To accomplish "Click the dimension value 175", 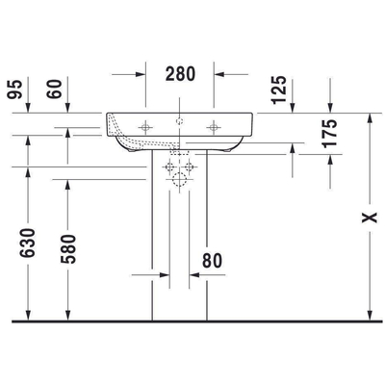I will pyautogui.click(x=331, y=135).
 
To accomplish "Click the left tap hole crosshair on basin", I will pyautogui.click(x=146, y=125).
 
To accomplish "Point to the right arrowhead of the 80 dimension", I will pyautogui.click(x=194, y=274).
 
